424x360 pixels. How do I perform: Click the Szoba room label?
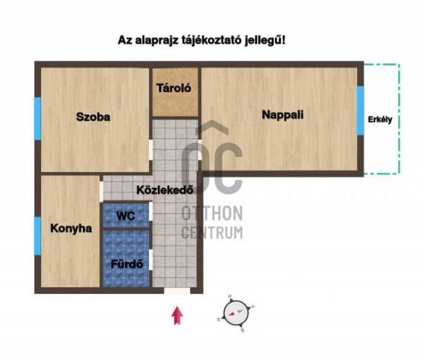tap(94, 117)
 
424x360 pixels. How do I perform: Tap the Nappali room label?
tap(283, 114)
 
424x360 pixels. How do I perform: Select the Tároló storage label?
tap(174, 88)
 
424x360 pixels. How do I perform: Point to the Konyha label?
tap(71, 228)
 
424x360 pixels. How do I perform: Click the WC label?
tap(126, 216)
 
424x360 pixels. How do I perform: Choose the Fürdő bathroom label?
tap(127, 264)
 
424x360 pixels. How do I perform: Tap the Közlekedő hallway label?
tap(165, 189)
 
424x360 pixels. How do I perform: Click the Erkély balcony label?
tap(380, 120)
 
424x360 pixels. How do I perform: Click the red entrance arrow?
tap(177, 315)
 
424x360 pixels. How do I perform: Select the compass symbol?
tap(236, 313)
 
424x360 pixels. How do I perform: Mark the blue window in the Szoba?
tap(37, 119)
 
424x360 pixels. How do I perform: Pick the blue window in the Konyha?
tap(37, 236)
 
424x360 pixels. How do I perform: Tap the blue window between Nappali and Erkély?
tap(361, 110)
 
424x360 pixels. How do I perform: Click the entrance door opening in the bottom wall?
tap(177, 291)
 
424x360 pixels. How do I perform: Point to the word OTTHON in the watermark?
tap(212, 213)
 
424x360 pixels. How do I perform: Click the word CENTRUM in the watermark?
tap(212, 233)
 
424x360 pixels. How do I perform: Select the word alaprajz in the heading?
tap(156, 40)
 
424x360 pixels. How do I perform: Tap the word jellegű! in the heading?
tap(265, 40)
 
